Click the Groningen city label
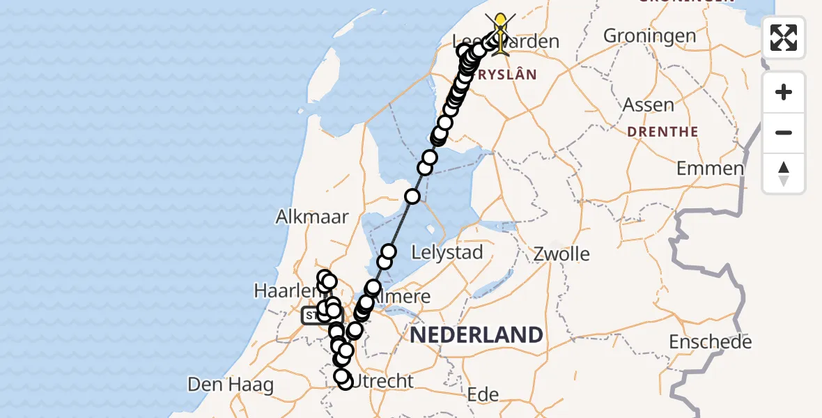coord(649,36)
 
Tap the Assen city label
coord(649,106)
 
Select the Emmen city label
coord(710,169)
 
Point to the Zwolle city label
coord(561,254)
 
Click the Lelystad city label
coord(447,252)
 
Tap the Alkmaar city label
coord(311,217)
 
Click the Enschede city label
coord(710,342)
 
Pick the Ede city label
coord(483,395)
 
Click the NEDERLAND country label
coord(476,335)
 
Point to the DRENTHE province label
coord(662,132)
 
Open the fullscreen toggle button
coord(784,38)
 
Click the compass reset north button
coord(784,173)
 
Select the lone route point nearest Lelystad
coord(389,251)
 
